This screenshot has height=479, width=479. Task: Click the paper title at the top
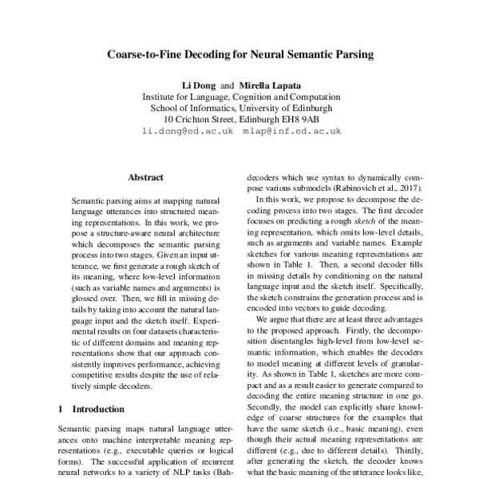point(240,57)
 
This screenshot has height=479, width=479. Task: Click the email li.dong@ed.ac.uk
point(188,129)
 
